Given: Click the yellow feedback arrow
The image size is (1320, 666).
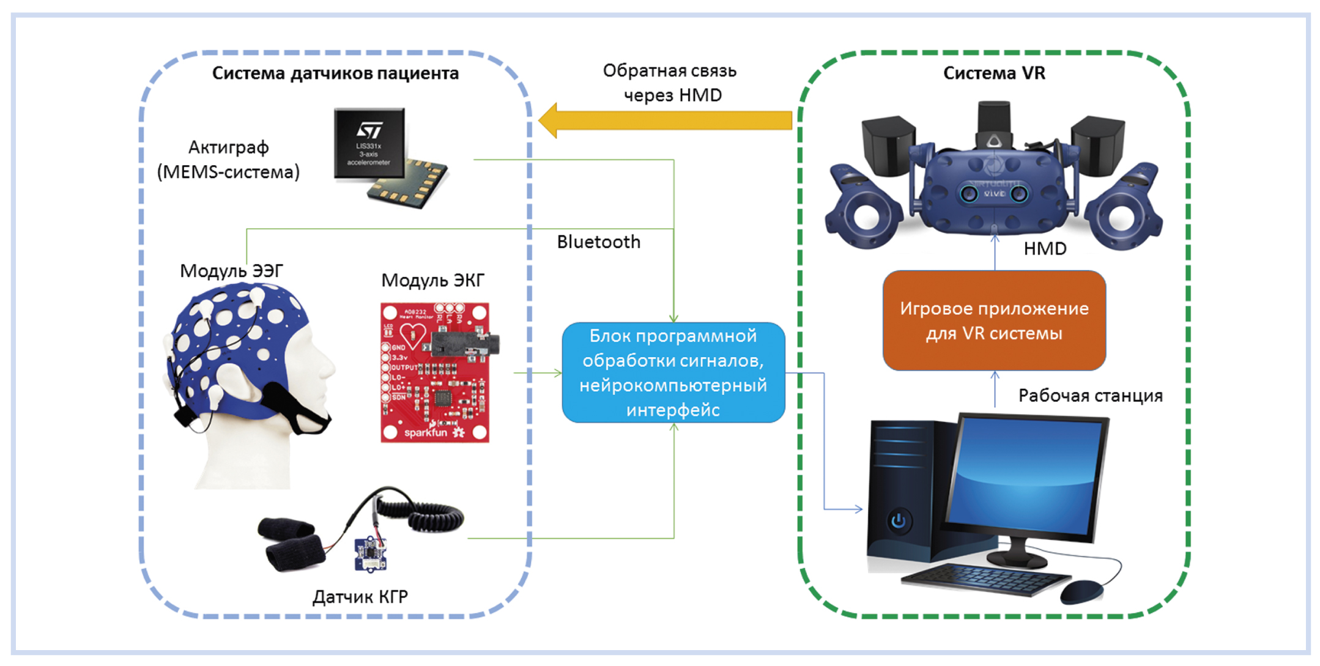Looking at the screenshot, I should pos(667,120).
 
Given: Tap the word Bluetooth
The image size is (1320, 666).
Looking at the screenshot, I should pos(598,242).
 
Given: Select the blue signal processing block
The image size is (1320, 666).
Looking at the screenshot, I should pos(673,372).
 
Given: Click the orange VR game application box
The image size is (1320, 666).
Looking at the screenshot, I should pos(994,320).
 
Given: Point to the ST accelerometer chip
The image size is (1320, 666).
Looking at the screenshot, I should pos(369,144).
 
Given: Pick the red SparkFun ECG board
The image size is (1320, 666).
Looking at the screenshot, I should pos(435,372).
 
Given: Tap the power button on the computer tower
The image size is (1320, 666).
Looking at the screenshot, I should pos(898,521).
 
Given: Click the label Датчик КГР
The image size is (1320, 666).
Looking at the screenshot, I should pos(360,597).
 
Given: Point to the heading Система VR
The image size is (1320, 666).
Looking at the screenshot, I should pos(994,73).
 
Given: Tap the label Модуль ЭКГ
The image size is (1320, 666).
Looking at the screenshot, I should pos(432,281).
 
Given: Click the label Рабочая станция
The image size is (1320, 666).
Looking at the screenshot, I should pos(1090,396).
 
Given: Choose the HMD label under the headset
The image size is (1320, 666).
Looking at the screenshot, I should pos(1045,249).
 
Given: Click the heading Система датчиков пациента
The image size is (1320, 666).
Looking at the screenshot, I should pos(335,73).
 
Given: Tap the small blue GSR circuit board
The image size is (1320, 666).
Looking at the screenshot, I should pos(370,553).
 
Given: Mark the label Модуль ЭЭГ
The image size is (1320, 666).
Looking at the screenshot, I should pos(231,271).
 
